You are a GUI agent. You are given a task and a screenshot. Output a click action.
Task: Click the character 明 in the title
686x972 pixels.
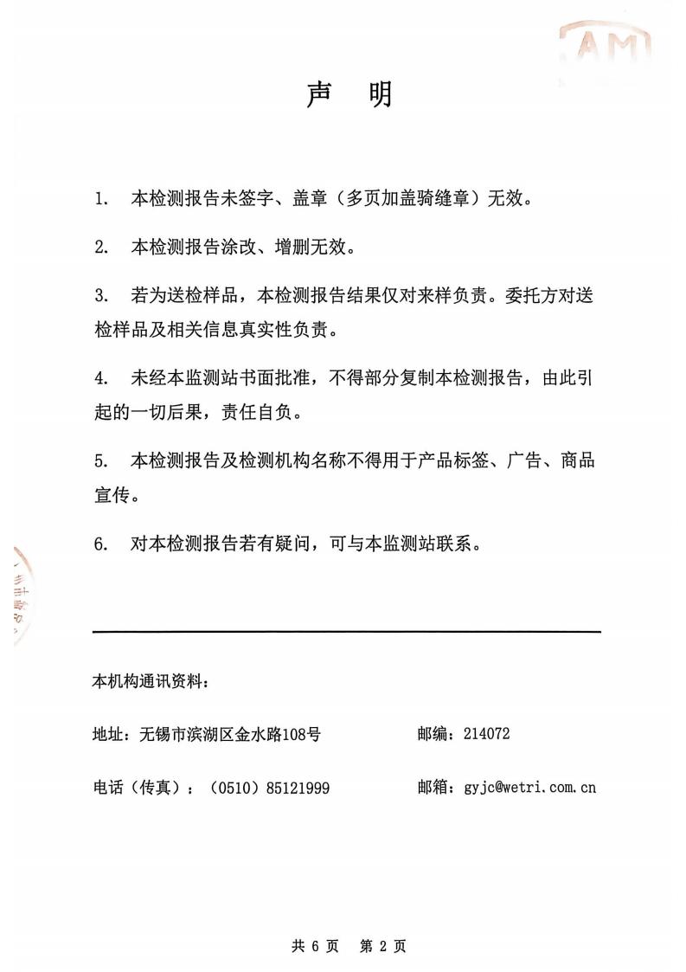coord(380,94)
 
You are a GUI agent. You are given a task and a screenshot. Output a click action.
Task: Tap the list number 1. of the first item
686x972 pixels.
coord(101,199)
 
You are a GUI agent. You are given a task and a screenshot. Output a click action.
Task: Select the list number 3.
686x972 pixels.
coord(101,296)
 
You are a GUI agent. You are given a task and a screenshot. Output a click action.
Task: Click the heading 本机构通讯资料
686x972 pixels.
coord(150,681)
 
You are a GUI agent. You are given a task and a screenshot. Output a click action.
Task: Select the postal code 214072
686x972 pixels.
coord(487,734)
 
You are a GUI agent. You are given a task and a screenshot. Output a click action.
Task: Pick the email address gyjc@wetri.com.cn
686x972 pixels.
coord(529,787)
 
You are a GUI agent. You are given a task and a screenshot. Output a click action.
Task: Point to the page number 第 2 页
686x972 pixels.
coord(383,946)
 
